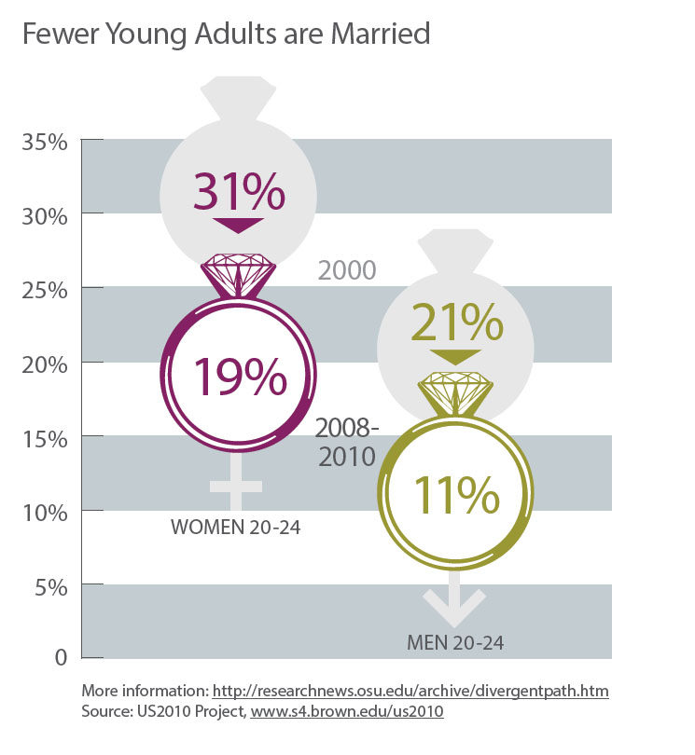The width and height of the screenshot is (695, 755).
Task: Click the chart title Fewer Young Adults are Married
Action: pos(226,35)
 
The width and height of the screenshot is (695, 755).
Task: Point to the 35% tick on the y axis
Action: pos(44,144)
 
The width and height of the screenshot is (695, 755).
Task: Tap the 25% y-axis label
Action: pos(44,290)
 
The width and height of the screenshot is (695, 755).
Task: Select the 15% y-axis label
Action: pos(44,437)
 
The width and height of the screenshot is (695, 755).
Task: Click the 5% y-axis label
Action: pos(49,587)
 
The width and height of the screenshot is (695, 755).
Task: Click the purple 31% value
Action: pos(238,193)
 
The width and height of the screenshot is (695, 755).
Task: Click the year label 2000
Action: pos(347,271)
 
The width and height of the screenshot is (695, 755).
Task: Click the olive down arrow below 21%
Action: pos(456,355)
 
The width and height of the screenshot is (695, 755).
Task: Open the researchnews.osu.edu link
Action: pos(410,692)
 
